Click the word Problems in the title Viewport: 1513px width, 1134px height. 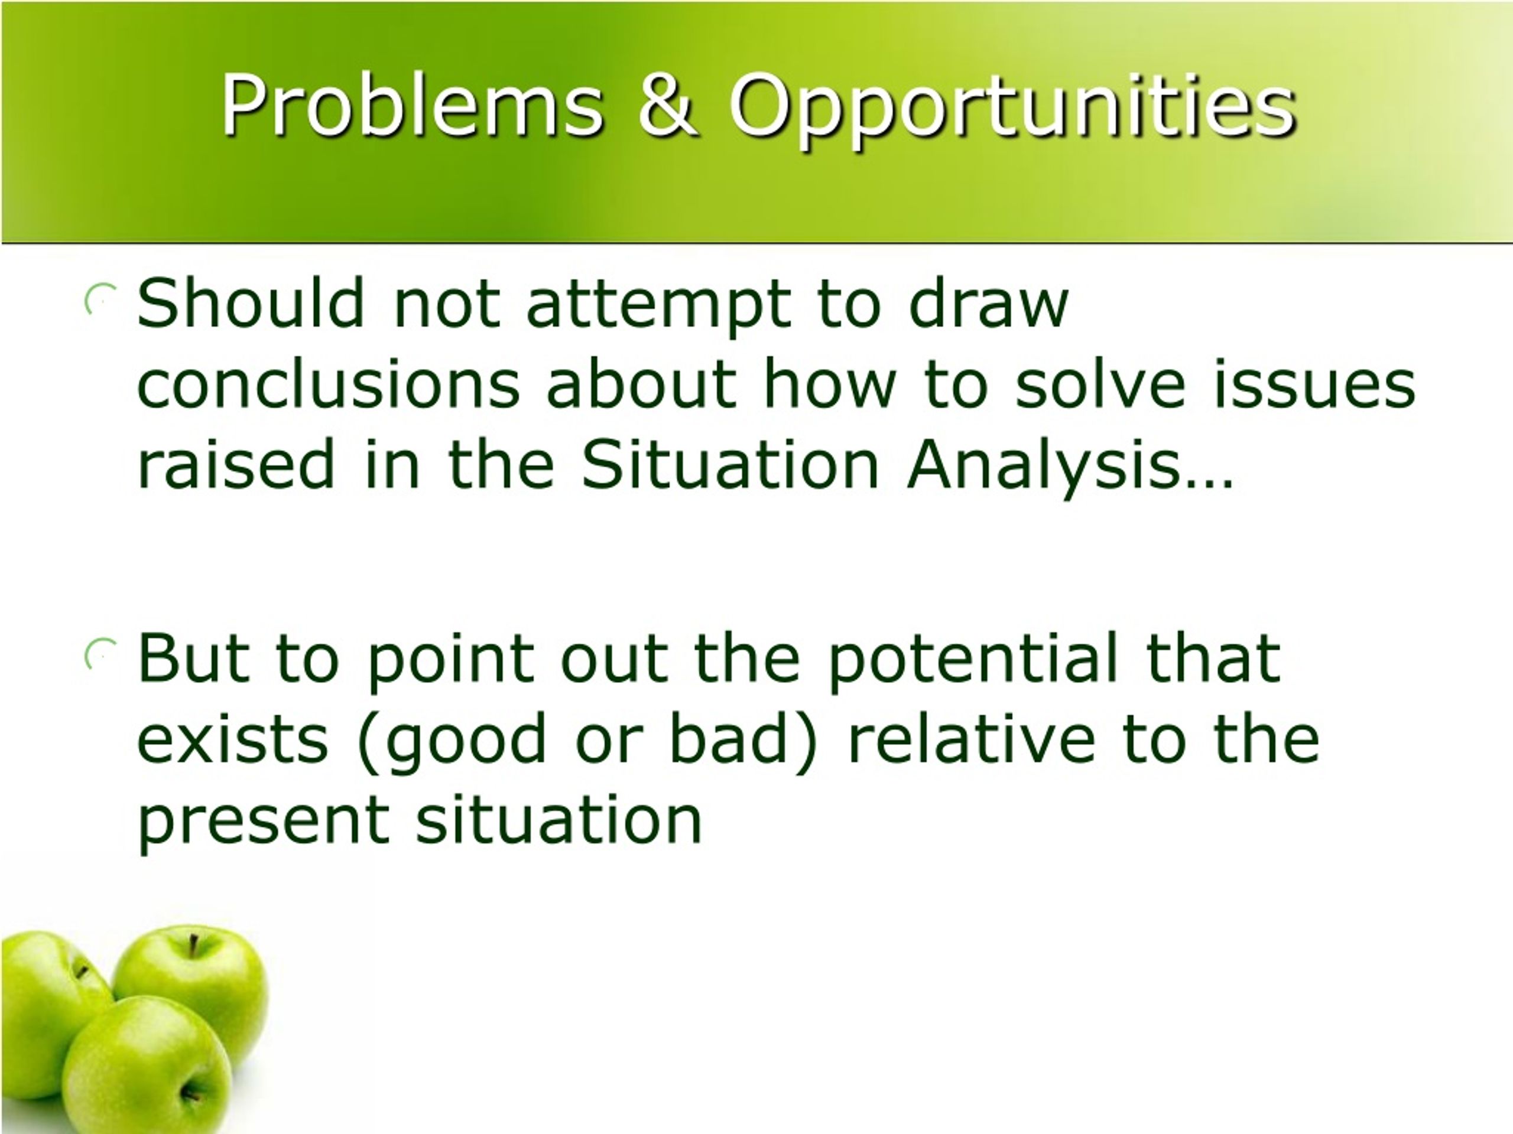click(413, 105)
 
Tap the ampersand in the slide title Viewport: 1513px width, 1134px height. click(668, 105)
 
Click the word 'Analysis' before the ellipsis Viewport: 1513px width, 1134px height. click(1043, 470)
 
